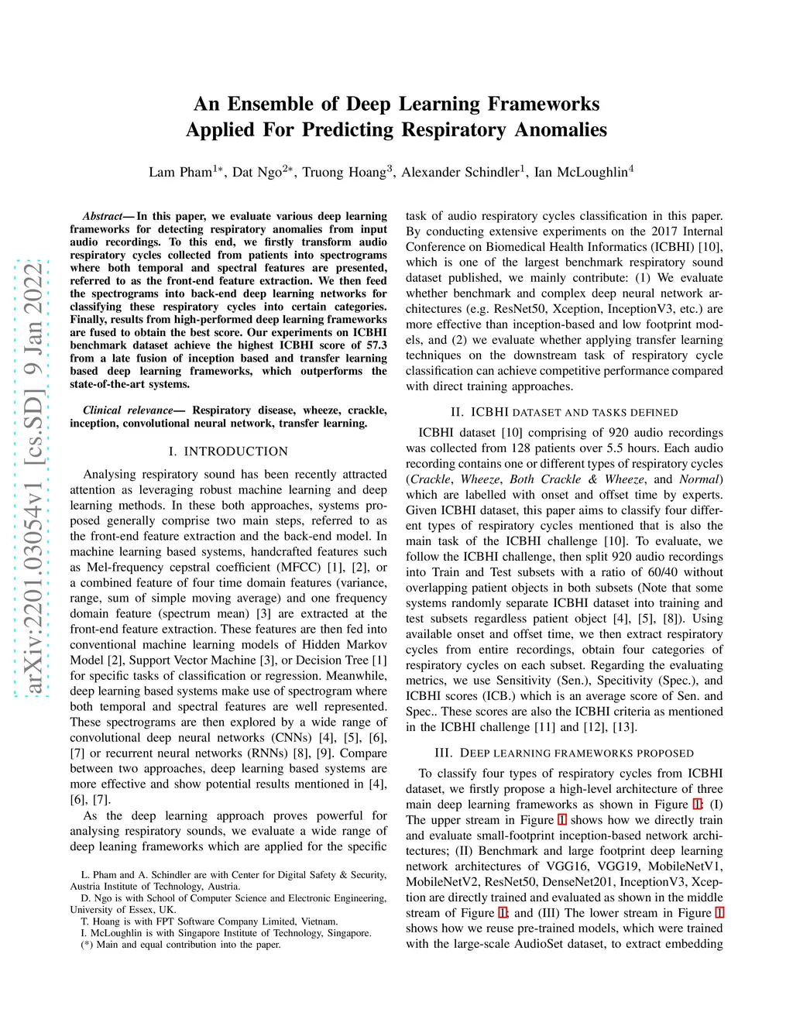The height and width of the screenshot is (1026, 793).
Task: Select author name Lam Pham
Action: pos(180,172)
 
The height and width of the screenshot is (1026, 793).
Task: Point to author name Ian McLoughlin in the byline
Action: pos(580,172)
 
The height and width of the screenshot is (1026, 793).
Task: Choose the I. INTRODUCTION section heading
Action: pos(228,451)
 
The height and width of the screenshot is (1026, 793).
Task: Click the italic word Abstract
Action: pos(102,216)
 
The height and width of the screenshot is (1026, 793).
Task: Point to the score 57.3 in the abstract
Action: pos(376,345)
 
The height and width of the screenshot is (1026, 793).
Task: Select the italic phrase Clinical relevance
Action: pos(128,410)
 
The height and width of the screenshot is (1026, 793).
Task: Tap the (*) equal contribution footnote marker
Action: pos(87,945)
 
